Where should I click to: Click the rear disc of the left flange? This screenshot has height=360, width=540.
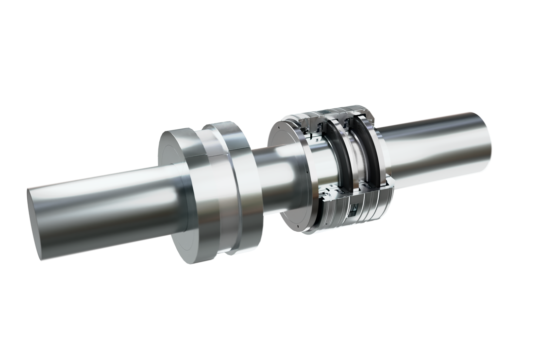click(x=233, y=189)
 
